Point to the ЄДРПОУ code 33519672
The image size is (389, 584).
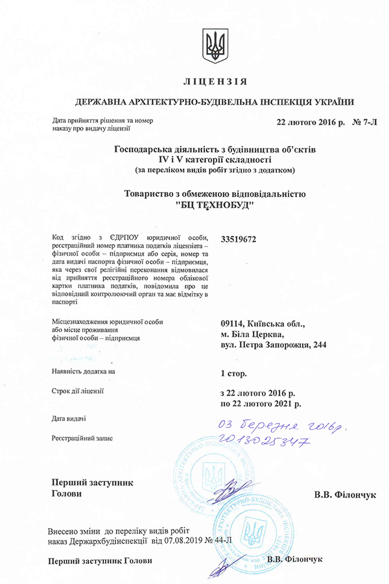[239, 239]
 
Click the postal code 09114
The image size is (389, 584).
[235, 323]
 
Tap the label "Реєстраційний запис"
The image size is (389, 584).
[82, 438]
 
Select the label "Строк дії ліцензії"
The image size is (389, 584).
[77, 391]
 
